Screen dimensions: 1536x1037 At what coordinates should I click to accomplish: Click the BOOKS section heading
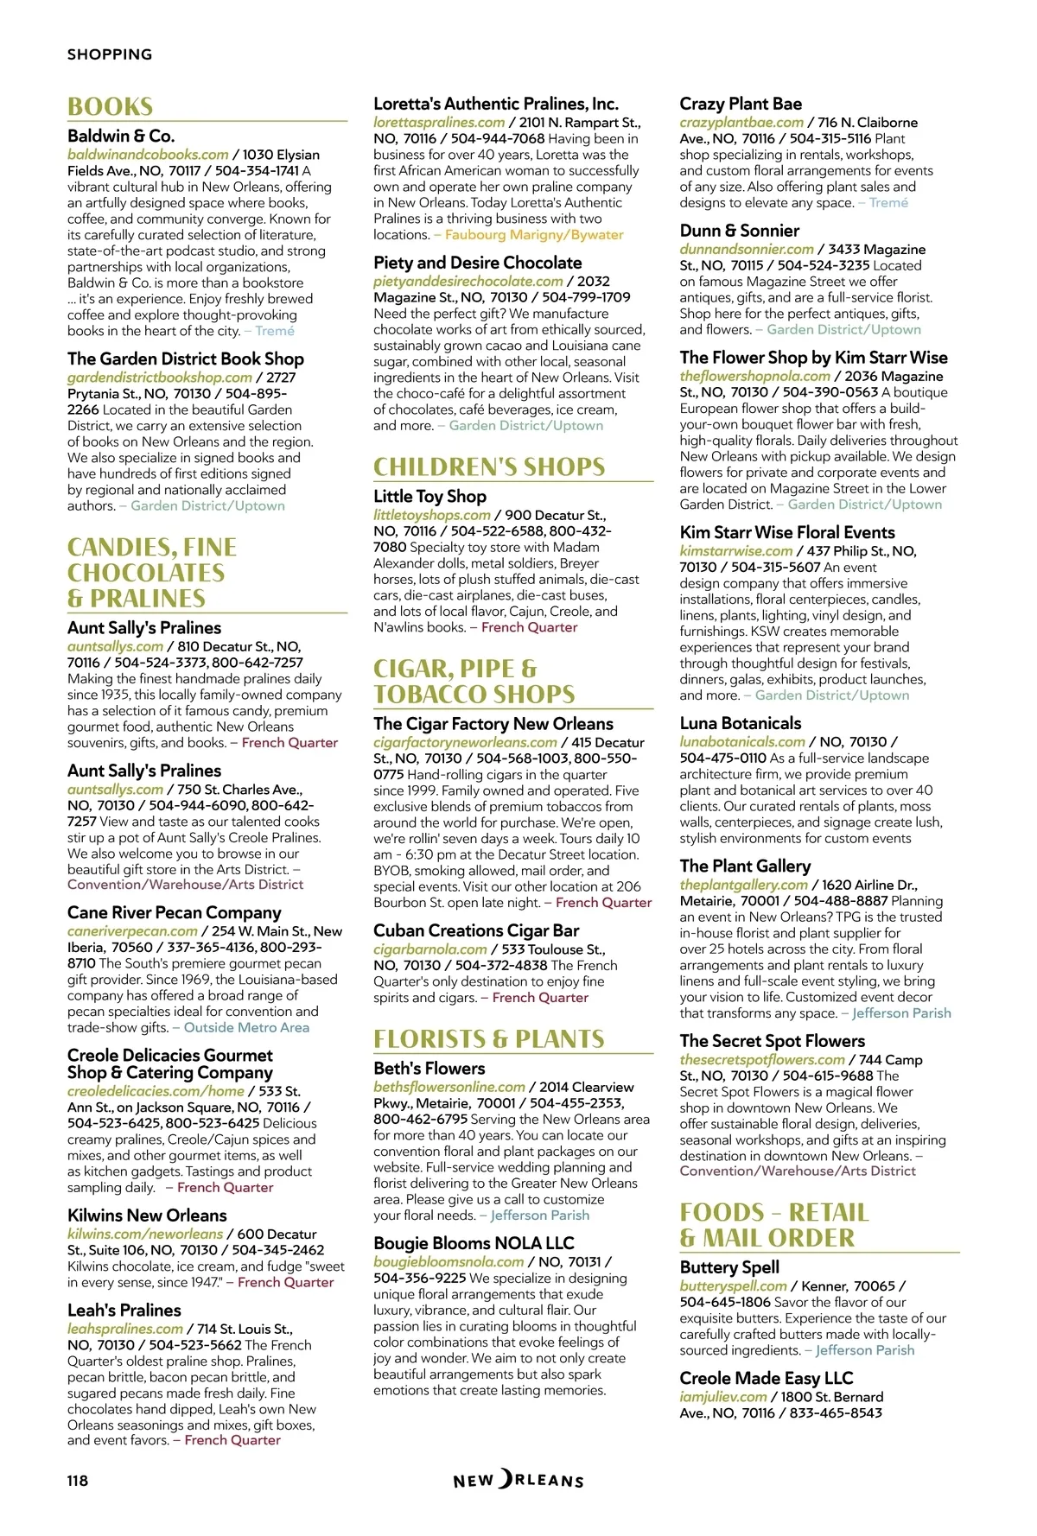111,107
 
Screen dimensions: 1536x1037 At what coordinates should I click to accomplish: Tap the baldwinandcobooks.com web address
148,155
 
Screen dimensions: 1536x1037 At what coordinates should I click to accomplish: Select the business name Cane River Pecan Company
175,913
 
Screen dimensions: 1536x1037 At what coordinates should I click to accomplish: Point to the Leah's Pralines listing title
124,1311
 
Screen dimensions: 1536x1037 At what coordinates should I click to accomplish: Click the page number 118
78,1481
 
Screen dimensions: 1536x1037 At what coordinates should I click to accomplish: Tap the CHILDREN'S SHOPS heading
489,467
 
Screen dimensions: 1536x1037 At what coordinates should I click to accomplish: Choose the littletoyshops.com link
432,515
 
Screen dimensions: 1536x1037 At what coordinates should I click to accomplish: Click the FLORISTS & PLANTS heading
489,1039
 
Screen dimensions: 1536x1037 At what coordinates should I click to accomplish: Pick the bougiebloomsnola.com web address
449,1262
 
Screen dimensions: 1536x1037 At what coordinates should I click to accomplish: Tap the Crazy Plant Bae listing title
741,105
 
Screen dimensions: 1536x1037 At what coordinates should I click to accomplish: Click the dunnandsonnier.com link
747,250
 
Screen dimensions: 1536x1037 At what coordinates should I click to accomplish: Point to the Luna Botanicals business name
741,724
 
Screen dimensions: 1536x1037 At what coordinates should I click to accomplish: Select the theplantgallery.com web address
743,885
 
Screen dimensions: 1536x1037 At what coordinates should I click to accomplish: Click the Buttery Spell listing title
729,1268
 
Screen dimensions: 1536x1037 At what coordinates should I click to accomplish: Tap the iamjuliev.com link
723,1397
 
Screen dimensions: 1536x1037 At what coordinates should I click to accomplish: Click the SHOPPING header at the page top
110,54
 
